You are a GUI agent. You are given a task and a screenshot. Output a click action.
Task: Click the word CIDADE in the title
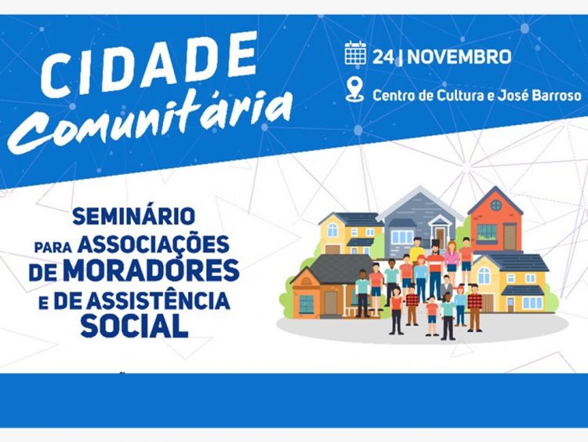click(149, 63)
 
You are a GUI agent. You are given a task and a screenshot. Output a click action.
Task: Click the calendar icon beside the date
click(355, 53)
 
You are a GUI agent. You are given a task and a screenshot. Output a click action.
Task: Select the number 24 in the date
click(383, 57)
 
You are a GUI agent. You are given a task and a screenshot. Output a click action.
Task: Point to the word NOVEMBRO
click(459, 57)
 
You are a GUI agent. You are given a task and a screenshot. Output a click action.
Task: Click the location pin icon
click(354, 89)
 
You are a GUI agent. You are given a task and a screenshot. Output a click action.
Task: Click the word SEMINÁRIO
click(134, 217)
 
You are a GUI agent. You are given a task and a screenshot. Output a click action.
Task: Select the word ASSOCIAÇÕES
click(154, 244)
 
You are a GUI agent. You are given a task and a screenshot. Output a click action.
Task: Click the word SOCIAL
click(134, 326)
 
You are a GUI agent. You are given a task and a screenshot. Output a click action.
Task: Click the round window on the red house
click(496, 205)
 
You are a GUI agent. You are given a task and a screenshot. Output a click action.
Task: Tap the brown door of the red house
click(510, 236)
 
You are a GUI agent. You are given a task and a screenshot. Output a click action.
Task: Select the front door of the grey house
click(441, 237)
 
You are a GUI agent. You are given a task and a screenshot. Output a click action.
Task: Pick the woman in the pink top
click(452, 258)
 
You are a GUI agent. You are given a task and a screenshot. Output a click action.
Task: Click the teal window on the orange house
click(307, 304)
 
